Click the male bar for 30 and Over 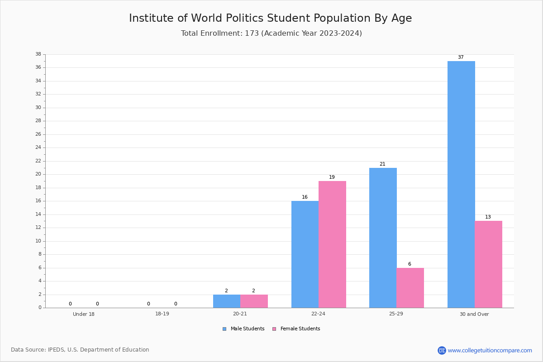tap(461, 185)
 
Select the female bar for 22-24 tap(332, 244)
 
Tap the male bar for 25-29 tap(383, 238)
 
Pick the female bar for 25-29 tap(410, 288)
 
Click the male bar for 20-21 tap(227, 301)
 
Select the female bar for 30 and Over tap(488, 264)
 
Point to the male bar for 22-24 tap(305, 254)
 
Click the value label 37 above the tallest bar tap(461, 57)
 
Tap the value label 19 tap(332, 177)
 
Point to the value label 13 tap(488, 217)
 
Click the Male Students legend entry tap(243, 329)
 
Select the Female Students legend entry tap(296, 329)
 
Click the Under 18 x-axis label tap(84, 314)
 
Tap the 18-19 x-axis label tap(162, 314)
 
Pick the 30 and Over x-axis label tap(474, 314)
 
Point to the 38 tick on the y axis tap(38, 54)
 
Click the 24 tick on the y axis tap(38, 148)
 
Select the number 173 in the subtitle tap(252, 33)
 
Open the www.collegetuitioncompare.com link tap(490, 350)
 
